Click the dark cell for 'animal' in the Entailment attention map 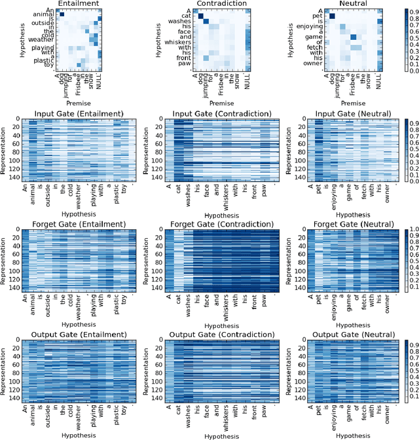pos(62,14)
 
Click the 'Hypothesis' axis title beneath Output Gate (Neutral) pos(344,433)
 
